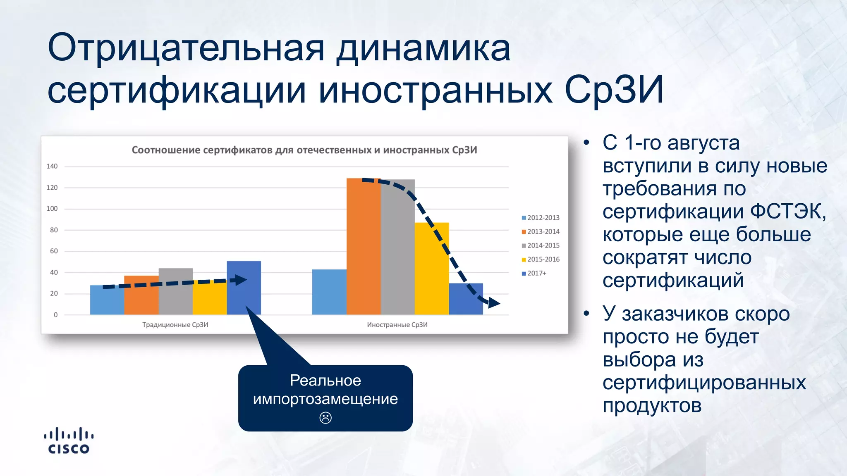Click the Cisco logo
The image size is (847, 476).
click(x=69, y=441)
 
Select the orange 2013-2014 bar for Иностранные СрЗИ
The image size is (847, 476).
click(x=363, y=248)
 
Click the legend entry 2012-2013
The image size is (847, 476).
click(x=541, y=218)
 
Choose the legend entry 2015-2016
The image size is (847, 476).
click(x=541, y=259)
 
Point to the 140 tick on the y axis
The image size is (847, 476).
click(x=52, y=167)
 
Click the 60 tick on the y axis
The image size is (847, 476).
click(x=54, y=251)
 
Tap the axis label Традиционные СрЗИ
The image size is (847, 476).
click(x=175, y=325)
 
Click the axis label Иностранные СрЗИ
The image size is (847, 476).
click(x=397, y=325)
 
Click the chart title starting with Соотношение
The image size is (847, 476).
click(x=304, y=150)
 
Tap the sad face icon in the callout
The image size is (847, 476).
click(x=325, y=418)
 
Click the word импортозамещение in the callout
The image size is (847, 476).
click(x=325, y=399)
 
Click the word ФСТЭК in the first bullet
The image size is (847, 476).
click(x=787, y=212)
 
